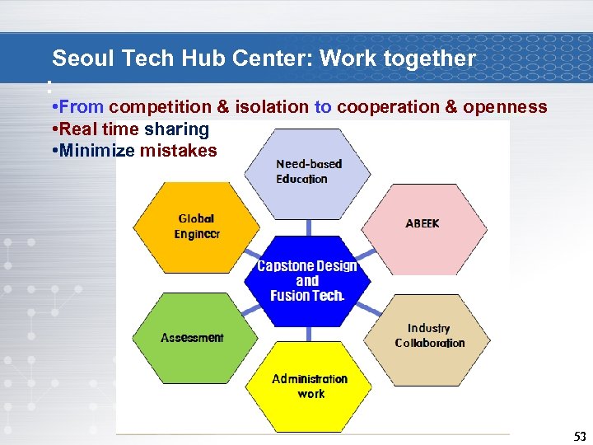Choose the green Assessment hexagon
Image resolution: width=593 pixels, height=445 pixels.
(192, 338)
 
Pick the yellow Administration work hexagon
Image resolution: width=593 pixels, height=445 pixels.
(310, 386)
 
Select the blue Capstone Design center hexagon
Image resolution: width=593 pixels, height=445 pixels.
(307, 280)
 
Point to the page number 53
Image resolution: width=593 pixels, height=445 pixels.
(580, 436)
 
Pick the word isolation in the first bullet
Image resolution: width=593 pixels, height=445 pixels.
(271, 107)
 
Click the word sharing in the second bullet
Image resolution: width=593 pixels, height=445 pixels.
(176, 129)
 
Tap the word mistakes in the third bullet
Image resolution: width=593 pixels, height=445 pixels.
(179, 151)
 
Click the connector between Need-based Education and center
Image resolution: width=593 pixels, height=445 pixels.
(309, 227)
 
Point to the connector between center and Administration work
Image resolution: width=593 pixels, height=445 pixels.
(309, 332)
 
